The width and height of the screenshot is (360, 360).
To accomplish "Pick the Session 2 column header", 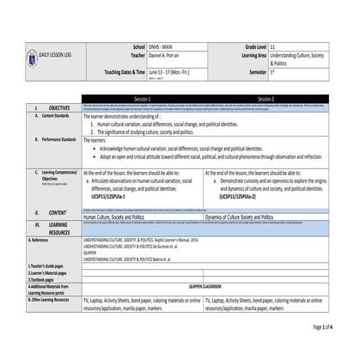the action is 266,99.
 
